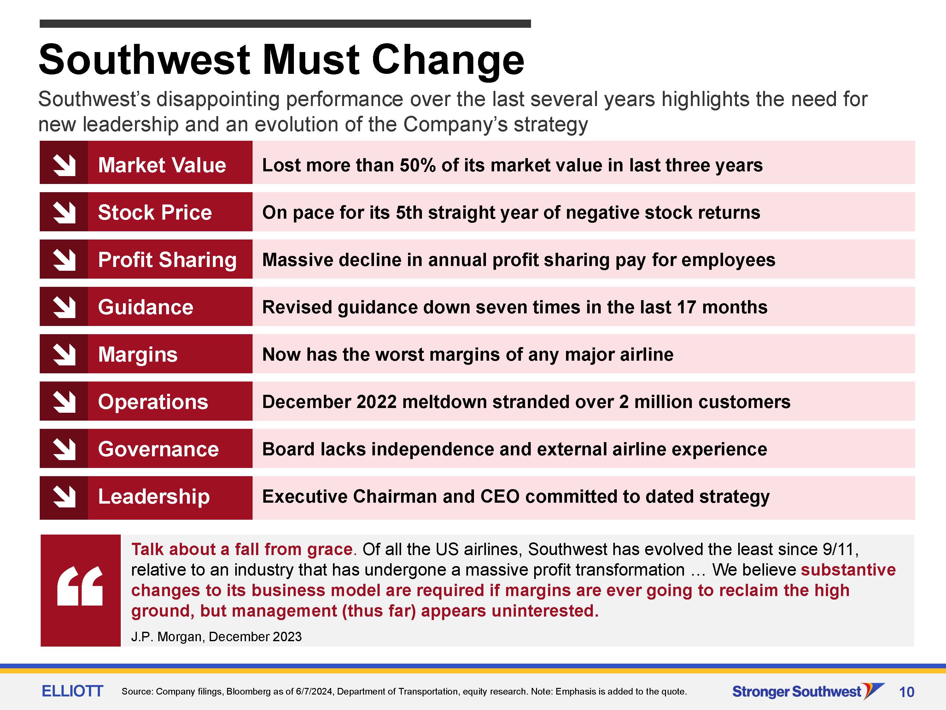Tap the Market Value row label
(162, 165)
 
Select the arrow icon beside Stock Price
(64, 212)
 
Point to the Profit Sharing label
(167, 260)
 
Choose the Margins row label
(138, 355)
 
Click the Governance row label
(158, 449)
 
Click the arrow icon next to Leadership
(64, 496)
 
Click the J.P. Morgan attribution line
(216, 637)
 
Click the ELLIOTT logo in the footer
(72, 691)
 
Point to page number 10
(907, 692)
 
